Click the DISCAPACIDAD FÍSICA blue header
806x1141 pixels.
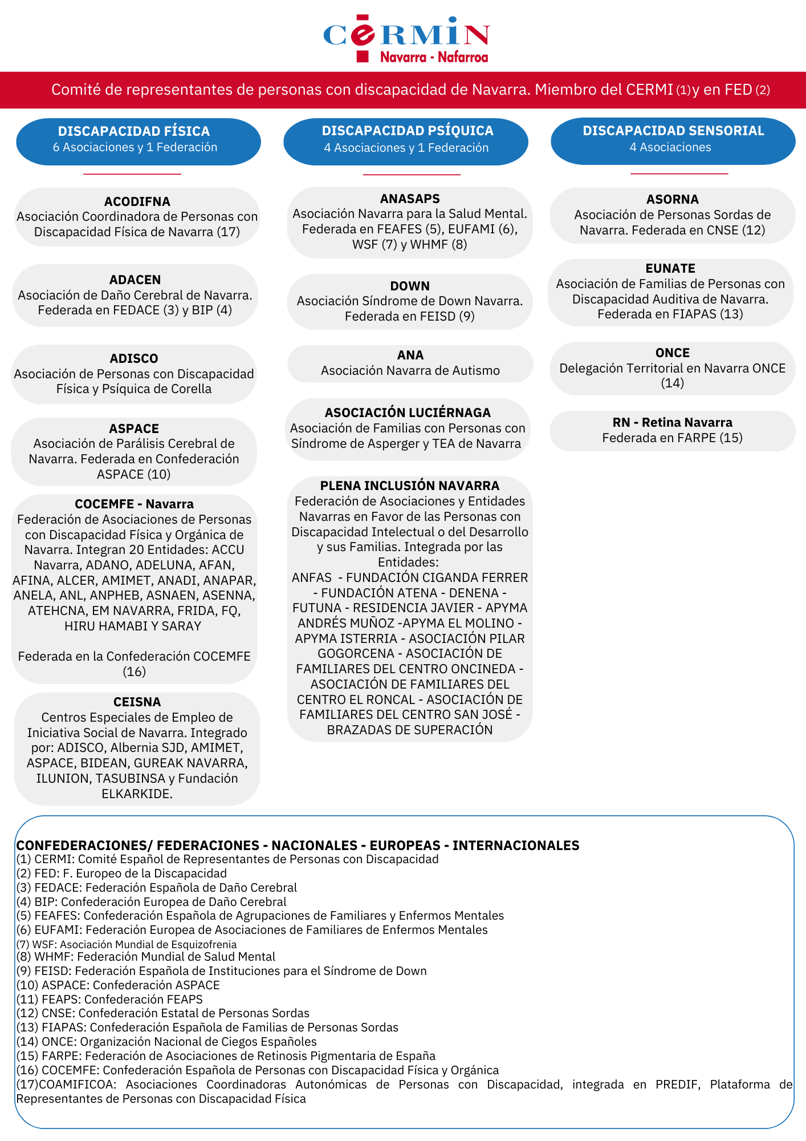138,141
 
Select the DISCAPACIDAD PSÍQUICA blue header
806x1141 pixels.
406,141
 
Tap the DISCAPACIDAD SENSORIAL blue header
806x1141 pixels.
673,141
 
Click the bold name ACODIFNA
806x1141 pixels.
137,201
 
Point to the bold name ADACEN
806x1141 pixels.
135,280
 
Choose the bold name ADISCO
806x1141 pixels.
134,358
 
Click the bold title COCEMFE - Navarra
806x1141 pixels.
134,504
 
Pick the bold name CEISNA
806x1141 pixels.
137,702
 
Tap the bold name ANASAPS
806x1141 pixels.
410,199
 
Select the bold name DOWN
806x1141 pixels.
410,286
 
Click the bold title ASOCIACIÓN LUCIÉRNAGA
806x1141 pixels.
408,412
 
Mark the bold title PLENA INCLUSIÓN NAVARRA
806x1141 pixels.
409,485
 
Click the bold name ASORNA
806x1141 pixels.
672,199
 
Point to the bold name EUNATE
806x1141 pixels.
670,268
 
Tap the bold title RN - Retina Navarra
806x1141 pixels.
672,422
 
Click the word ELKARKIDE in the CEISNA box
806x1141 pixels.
136,794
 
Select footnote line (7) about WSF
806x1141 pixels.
127,944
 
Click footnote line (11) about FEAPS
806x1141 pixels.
109,999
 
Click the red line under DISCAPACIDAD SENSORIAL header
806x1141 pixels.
679,173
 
